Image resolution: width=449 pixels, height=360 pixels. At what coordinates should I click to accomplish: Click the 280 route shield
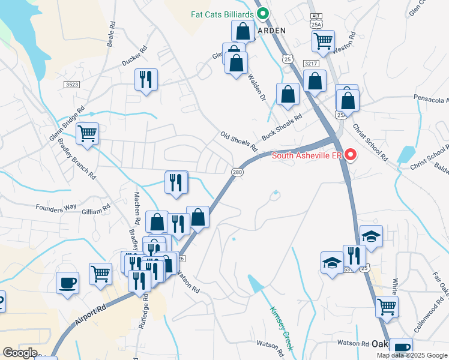click(x=237, y=172)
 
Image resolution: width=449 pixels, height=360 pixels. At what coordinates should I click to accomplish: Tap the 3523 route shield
click(x=72, y=85)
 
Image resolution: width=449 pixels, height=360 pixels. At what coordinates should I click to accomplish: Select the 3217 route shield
click(x=310, y=63)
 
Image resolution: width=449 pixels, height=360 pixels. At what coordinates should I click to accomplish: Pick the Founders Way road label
click(x=58, y=205)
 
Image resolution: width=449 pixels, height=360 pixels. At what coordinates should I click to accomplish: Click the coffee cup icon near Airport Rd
click(x=67, y=282)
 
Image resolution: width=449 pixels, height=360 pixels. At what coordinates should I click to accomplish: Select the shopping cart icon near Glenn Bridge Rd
click(x=88, y=133)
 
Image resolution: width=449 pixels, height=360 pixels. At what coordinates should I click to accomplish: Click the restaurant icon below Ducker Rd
click(x=146, y=78)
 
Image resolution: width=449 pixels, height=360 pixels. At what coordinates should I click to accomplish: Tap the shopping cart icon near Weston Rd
click(x=323, y=41)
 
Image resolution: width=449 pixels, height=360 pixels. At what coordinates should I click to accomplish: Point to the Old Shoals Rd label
click(x=238, y=142)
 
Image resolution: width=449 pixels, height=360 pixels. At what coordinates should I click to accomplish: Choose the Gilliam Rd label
click(x=96, y=209)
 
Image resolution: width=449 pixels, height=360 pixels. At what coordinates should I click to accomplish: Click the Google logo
click(x=20, y=353)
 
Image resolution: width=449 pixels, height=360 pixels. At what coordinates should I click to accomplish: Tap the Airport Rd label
click(x=91, y=314)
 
